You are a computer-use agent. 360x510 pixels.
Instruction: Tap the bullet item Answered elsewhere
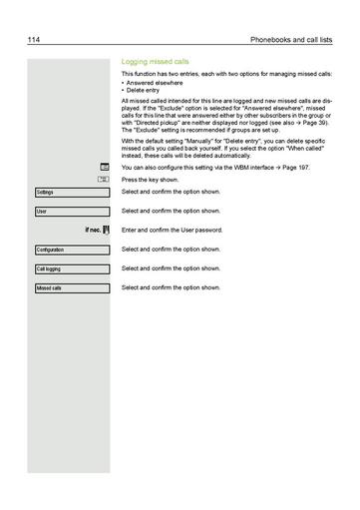pos(153,83)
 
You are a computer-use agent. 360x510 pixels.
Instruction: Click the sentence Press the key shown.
pos(150,180)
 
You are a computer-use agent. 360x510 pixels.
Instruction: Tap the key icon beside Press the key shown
pos(104,179)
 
